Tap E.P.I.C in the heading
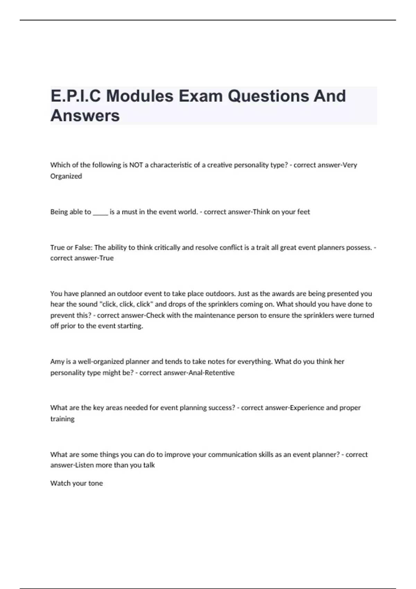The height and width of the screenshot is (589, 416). point(76,96)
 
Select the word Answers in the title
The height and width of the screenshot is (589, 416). point(85,115)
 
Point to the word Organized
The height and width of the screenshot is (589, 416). point(66,176)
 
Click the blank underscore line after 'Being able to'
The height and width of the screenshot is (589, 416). point(101,212)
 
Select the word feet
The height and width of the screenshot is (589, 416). point(303,212)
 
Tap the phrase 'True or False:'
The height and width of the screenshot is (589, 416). point(71,247)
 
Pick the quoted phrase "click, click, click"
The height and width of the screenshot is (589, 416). point(126,304)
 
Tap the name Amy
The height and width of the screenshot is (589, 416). point(57,361)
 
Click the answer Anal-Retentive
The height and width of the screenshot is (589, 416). point(211,373)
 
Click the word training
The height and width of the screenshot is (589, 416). point(62,419)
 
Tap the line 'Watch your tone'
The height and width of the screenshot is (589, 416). point(77,483)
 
